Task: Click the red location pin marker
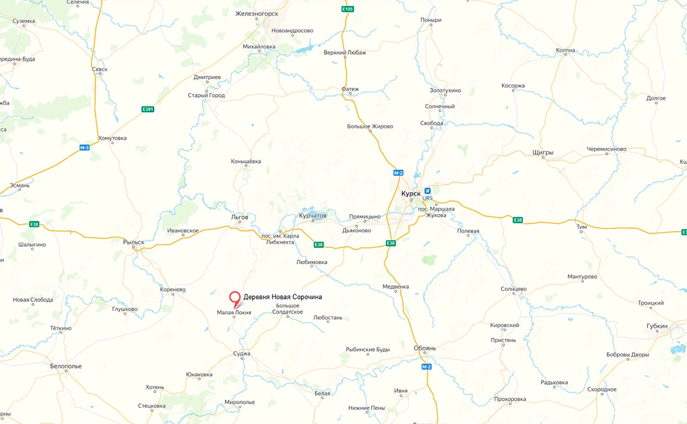[235, 298]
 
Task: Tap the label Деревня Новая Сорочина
[282, 297]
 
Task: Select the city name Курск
[410, 194]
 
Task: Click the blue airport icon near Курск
[429, 191]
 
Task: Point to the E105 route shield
[347, 9]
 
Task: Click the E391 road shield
[148, 109]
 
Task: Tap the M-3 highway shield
[84, 148]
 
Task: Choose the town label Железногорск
[257, 13]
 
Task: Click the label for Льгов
[239, 217]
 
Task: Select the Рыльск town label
[133, 241]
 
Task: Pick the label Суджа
[241, 353]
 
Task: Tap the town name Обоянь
[424, 348]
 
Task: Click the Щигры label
[543, 153]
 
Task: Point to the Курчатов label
[313, 215]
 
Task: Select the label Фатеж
[350, 90]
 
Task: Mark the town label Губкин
[657, 326]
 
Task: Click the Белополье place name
[65, 366]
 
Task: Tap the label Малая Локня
[234, 312]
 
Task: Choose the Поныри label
[431, 20]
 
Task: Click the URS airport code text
[429, 198]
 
